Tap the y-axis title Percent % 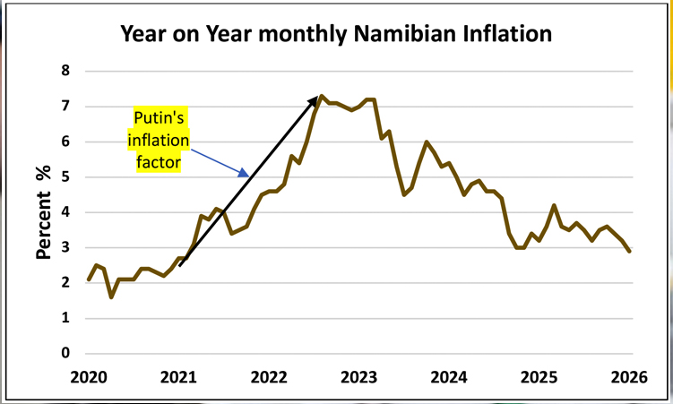coord(42,212)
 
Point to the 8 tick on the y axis coord(65,71)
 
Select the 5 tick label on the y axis coord(65,176)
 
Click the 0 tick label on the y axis coord(65,353)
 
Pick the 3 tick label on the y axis coord(65,247)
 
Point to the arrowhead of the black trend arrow coord(317,95)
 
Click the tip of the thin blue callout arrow coord(247,176)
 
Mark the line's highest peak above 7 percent coord(323,96)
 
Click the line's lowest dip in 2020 coord(111,297)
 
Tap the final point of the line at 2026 coord(629,251)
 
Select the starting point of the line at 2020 coord(88,279)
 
